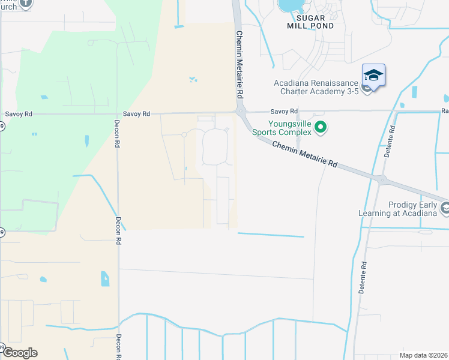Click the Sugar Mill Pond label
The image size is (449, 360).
pyautogui.click(x=309, y=22)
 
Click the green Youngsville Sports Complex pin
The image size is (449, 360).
pyautogui.click(x=321, y=127)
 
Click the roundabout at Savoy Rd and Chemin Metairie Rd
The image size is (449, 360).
pyautogui.click(x=240, y=112)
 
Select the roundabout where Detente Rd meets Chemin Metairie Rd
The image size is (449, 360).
pyautogui.click(x=381, y=179)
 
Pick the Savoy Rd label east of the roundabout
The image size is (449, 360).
pyautogui.click(x=284, y=112)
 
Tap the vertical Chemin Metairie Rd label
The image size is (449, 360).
pyautogui.click(x=239, y=65)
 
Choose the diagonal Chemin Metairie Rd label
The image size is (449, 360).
pyautogui.click(x=305, y=154)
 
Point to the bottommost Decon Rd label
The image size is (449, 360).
pyautogui.click(x=118, y=346)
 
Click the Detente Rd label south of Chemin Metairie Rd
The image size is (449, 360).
pyautogui.click(x=363, y=276)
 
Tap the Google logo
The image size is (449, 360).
pyautogui.click(x=20, y=353)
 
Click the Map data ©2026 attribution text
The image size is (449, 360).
pyautogui.click(x=424, y=355)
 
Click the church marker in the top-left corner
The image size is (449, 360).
pyautogui.click(x=26, y=4)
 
